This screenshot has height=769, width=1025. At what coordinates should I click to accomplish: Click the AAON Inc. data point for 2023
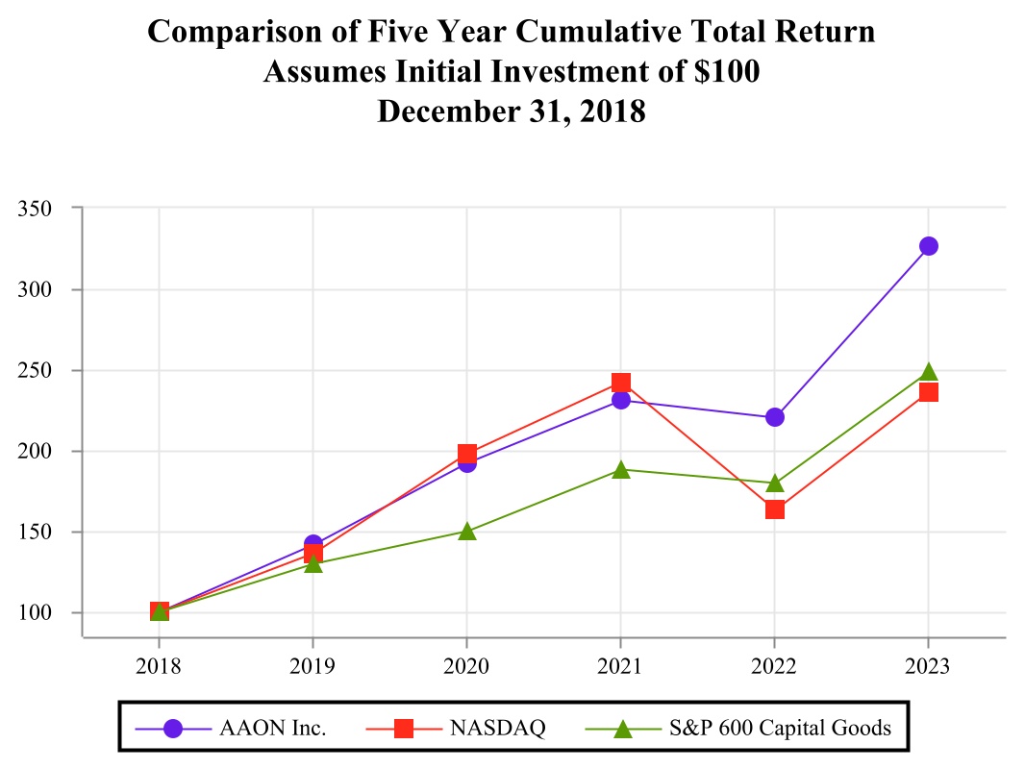928,246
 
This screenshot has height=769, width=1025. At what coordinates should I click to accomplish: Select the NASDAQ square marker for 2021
620,384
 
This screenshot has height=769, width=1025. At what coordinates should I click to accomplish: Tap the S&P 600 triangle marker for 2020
466,531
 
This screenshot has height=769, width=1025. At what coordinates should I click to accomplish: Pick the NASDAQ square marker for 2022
774,509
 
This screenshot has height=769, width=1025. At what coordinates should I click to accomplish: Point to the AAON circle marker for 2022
774,417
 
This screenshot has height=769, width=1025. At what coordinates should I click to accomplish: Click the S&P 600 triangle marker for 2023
928,373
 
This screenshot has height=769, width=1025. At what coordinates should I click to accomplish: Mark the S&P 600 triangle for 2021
620,469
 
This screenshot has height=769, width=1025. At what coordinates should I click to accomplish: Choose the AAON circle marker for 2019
312,544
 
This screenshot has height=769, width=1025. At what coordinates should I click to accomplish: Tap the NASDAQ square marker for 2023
928,392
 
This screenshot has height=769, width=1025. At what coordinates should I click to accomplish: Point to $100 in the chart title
721,71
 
